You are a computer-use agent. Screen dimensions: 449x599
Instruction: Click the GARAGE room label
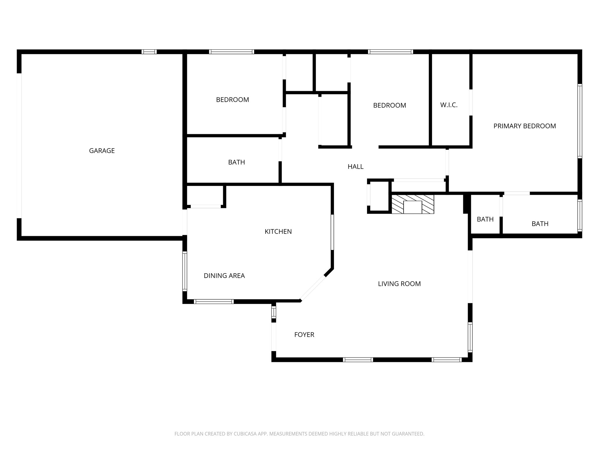[102, 151]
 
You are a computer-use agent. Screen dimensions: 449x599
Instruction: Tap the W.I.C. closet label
[449, 105]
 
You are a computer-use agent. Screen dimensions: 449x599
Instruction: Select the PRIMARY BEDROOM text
[524, 126]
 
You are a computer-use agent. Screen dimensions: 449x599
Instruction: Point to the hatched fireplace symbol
[413, 204]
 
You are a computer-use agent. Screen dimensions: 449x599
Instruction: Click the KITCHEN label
[278, 232]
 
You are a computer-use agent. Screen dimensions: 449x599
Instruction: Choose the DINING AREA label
[224, 276]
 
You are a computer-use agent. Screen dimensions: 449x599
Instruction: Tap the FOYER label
[304, 335]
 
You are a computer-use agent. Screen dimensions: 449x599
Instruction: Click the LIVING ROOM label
[399, 284]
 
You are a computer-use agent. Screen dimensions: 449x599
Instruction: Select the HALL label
[355, 167]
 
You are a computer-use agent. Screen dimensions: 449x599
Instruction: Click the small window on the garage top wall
[149, 52]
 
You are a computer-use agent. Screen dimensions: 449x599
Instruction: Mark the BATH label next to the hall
[236, 162]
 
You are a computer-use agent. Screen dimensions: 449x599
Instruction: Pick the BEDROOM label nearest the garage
[233, 100]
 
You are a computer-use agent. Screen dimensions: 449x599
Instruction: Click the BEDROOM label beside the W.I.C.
[390, 105]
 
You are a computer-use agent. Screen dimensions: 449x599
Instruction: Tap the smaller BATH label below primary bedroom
[485, 219]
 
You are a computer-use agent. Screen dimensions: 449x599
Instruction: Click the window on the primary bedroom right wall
[579, 121]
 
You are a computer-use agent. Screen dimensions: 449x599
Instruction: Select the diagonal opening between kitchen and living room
[313, 288]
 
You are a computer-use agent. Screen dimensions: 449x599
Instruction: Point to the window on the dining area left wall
[185, 271]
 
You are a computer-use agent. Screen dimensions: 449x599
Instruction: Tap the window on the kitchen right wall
[332, 232]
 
